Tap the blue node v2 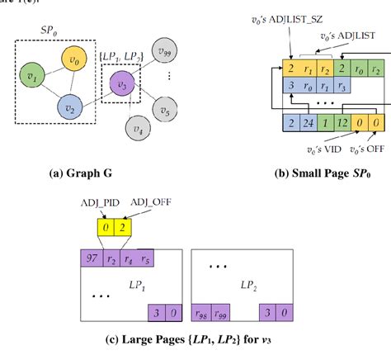click(68, 107)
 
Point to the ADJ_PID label click(81, 203)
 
